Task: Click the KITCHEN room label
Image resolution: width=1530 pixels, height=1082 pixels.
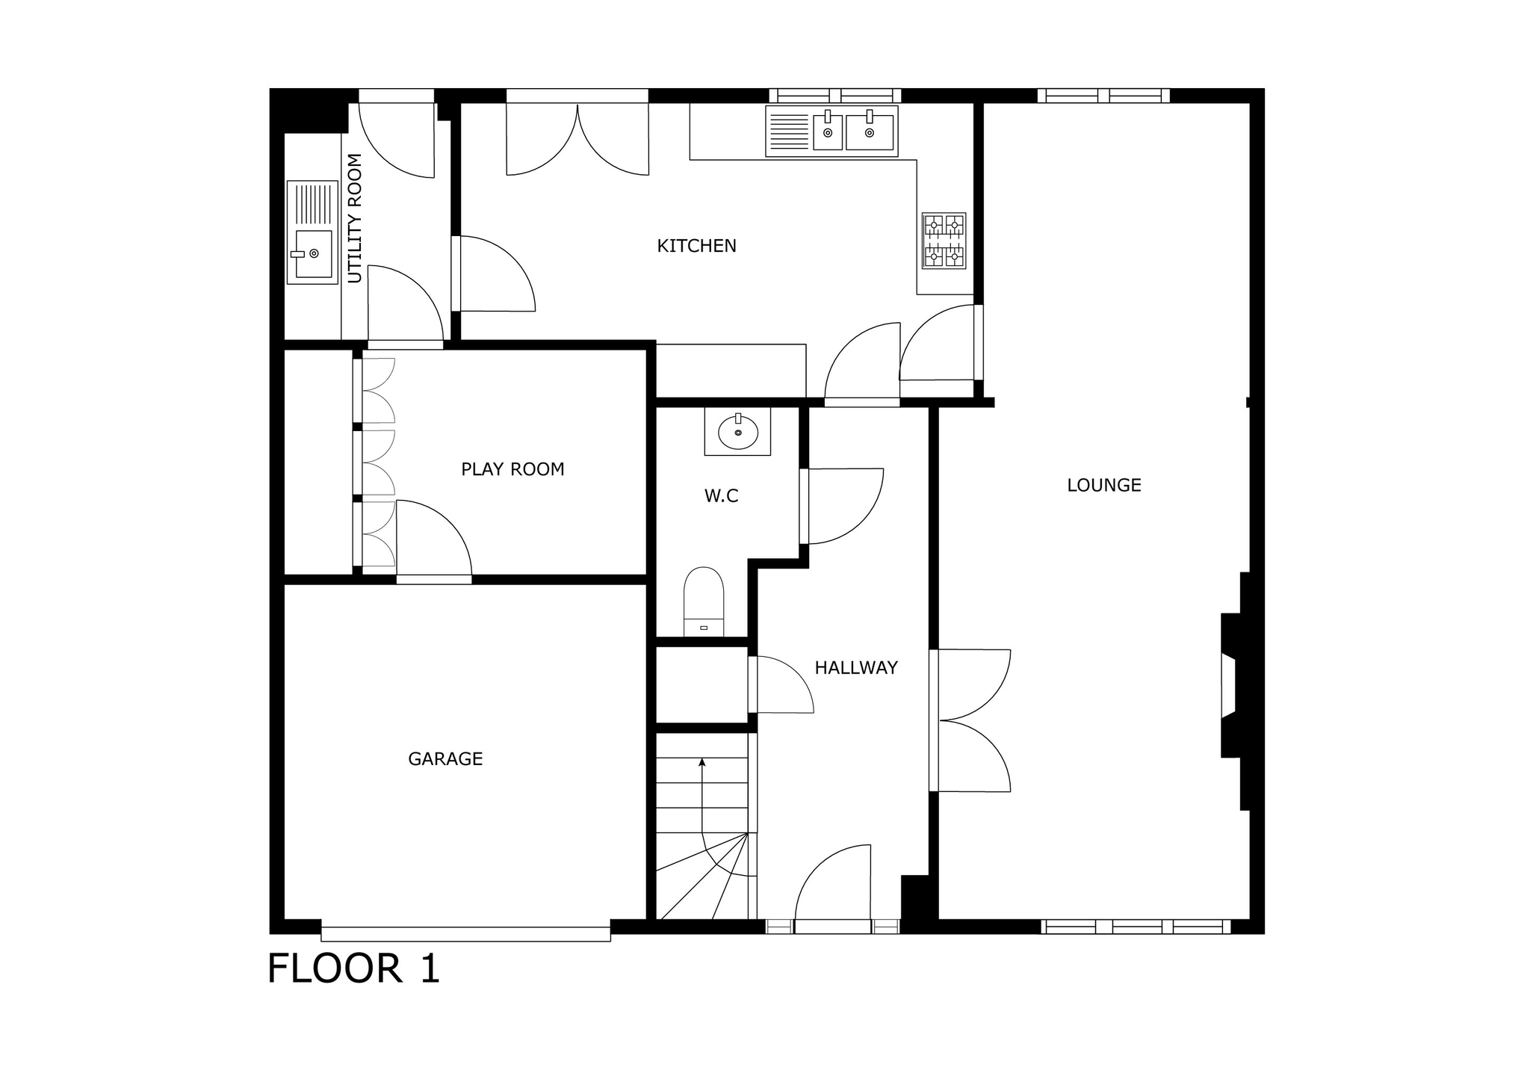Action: (x=696, y=246)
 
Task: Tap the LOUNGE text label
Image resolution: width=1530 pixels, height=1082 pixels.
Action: (x=1104, y=486)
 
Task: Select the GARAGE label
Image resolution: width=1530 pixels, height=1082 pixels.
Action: (x=445, y=759)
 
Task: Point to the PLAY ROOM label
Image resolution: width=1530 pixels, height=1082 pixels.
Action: (x=512, y=469)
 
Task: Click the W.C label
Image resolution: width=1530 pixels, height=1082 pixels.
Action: (x=721, y=496)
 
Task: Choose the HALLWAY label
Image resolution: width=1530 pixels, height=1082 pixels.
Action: (x=856, y=668)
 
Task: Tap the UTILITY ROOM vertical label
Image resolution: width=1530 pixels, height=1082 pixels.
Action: (x=355, y=218)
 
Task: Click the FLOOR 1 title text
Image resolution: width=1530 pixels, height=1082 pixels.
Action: (x=354, y=968)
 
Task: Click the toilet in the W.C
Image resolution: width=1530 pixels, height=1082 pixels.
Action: (x=704, y=602)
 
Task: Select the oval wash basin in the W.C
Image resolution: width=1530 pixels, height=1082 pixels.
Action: (x=738, y=431)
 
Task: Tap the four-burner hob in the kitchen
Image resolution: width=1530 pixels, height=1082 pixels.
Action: (x=944, y=241)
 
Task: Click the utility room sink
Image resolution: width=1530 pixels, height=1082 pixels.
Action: (x=310, y=232)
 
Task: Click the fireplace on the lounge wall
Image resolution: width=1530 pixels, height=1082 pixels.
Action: (x=1233, y=685)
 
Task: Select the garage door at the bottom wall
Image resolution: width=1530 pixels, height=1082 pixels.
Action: (x=466, y=934)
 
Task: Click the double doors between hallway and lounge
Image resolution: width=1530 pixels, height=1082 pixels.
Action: (x=971, y=720)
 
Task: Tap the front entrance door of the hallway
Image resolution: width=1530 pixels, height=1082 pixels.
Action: (x=833, y=889)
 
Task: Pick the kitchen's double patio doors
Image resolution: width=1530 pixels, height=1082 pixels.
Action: (x=577, y=133)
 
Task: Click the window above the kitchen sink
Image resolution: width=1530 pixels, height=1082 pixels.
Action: (x=835, y=96)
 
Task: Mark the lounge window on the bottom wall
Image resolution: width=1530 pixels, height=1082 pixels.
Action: (x=1136, y=927)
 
